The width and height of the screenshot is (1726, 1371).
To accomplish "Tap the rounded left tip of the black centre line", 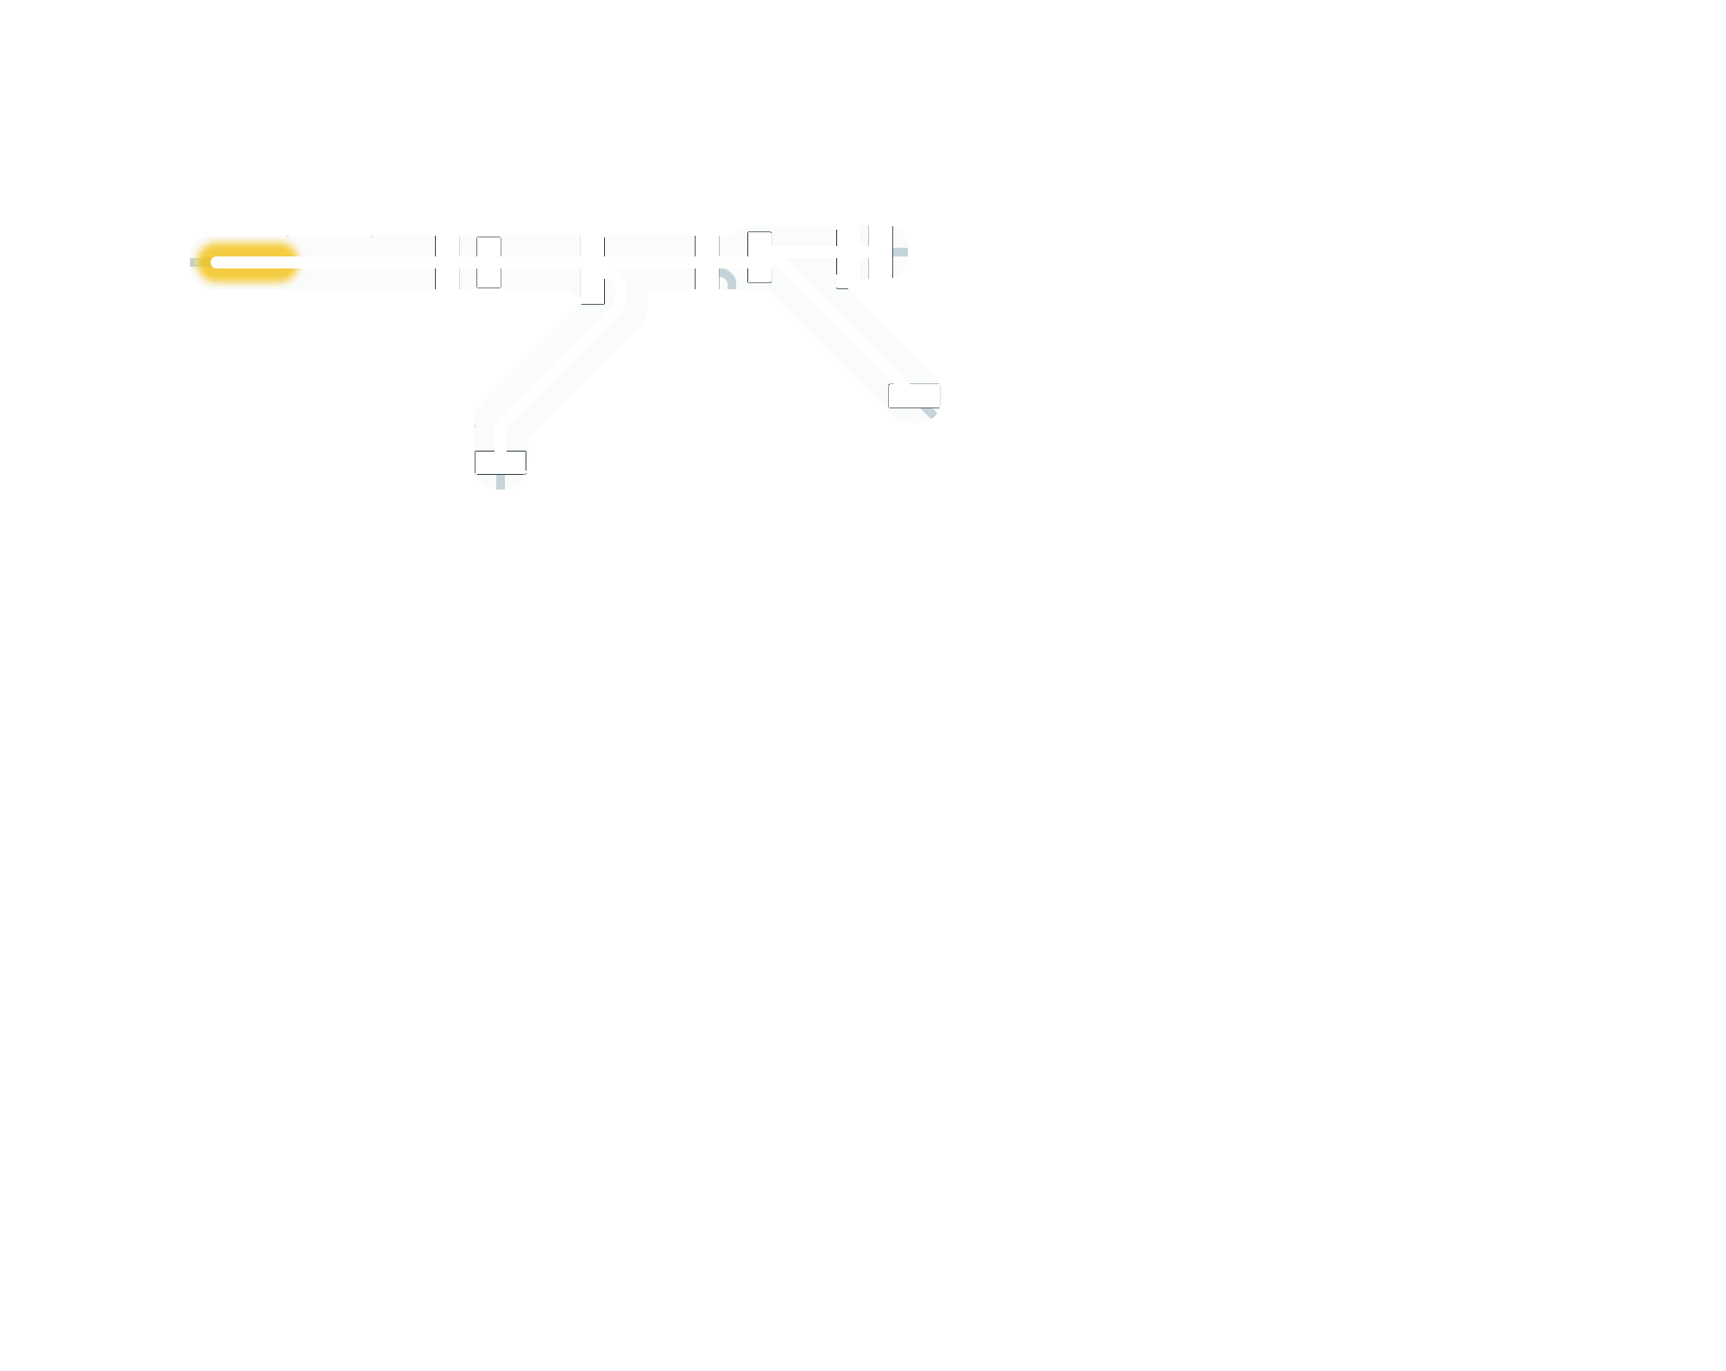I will [217, 262].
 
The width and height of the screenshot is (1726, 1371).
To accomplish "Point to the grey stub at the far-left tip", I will [197, 262].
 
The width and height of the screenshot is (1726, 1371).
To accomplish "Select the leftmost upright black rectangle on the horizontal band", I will [488, 262].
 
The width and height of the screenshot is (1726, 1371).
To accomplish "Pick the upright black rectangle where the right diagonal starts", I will [759, 256].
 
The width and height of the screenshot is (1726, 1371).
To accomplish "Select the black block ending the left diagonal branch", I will [501, 462].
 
